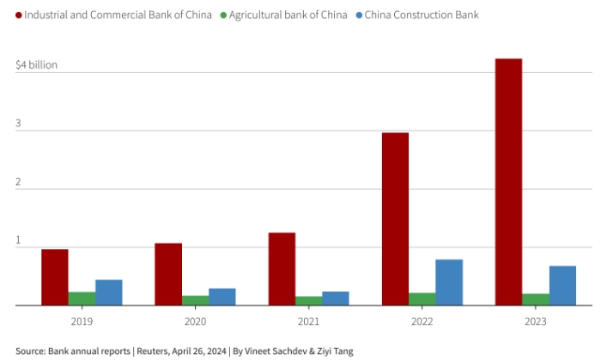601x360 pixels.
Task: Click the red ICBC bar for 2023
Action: (x=508, y=181)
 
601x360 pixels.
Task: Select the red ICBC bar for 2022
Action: (x=395, y=218)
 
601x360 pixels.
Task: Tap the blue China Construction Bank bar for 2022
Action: (x=449, y=282)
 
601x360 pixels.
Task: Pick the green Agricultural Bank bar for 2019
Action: (x=82, y=298)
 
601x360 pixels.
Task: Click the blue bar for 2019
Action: (x=109, y=292)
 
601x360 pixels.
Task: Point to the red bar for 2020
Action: (x=168, y=273)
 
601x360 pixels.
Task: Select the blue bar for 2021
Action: (x=336, y=298)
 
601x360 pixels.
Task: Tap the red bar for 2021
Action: (x=282, y=268)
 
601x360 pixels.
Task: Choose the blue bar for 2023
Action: (x=562, y=285)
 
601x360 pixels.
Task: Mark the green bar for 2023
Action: (x=536, y=299)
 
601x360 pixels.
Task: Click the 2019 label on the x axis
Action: (x=82, y=320)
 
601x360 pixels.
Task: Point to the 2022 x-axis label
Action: (x=422, y=320)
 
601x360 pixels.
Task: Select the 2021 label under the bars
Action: (x=309, y=320)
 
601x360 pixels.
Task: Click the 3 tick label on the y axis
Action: (x=18, y=123)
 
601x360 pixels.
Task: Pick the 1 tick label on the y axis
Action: (x=18, y=240)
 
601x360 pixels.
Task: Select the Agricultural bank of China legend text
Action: (x=288, y=15)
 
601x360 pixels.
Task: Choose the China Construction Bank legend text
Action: (x=422, y=15)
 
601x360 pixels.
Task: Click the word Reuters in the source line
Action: (x=151, y=351)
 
